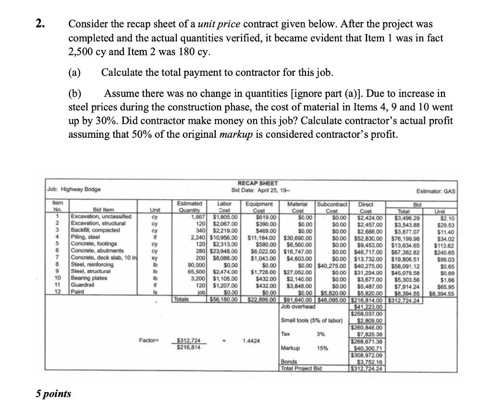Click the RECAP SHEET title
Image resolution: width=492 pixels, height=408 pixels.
click(258, 183)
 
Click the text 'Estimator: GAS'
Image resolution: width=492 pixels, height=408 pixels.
click(436, 190)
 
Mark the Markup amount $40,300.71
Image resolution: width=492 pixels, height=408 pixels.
click(369, 348)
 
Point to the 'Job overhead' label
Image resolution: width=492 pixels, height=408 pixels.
click(298, 306)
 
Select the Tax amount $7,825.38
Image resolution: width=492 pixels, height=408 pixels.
click(370, 335)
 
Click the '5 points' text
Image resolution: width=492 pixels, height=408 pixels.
click(53, 394)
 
